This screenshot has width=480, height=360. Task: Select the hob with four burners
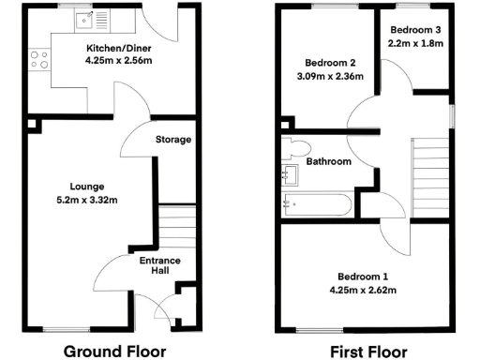[x=40, y=61]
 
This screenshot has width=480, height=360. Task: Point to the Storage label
[x=172, y=140]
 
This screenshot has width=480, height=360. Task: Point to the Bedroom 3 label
[x=416, y=28]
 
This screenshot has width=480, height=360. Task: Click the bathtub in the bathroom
[x=315, y=204]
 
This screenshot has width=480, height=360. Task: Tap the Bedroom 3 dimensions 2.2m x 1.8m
[x=416, y=42]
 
